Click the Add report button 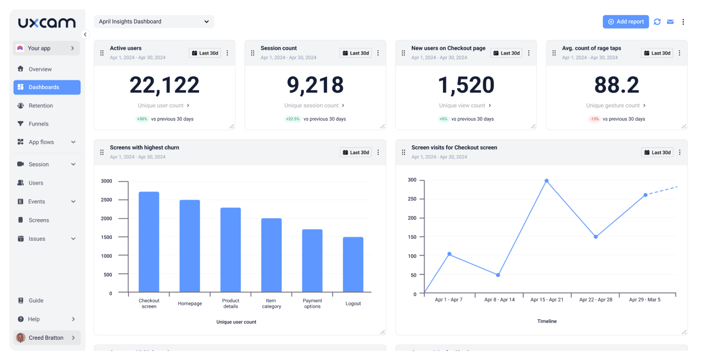coord(626,22)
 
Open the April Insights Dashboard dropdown coord(154,22)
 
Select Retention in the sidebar coord(40,105)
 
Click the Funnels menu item coord(38,124)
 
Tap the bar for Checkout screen coord(149,242)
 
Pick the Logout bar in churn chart coord(353,264)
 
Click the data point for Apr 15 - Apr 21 coord(546,181)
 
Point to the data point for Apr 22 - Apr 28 coord(596,237)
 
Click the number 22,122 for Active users coord(165,85)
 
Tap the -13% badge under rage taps coord(594,119)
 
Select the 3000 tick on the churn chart coord(106,181)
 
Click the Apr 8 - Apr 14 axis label coord(499,300)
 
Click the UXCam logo coord(47,23)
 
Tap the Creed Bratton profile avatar coord(21,338)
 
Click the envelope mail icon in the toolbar coord(670,22)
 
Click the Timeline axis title coord(547,321)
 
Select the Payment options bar coord(312,261)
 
